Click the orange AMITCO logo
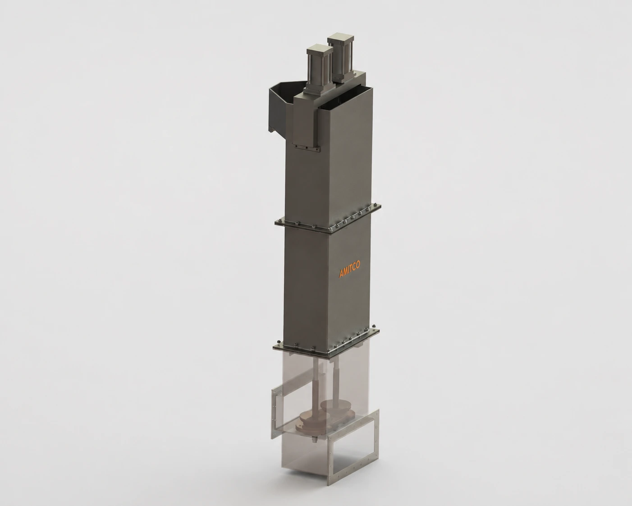click(x=349, y=269)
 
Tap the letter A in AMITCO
click(x=341, y=274)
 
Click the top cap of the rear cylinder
click(x=341, y=40)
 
